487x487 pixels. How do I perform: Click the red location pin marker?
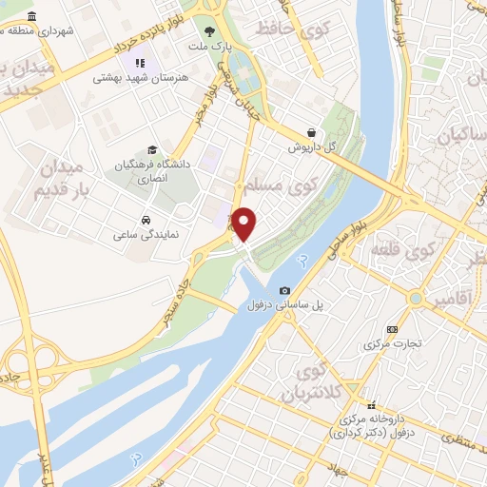tap(244, 223)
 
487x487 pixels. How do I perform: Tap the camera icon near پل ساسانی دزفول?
tap(284, 290)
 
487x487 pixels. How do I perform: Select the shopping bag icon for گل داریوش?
tap(311, 133)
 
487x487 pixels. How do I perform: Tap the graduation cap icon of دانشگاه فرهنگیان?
tap(152, 150)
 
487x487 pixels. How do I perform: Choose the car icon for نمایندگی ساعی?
tap(145, 220)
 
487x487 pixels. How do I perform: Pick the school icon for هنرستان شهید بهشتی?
tap(139, 64)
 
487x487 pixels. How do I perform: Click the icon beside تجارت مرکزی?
tap(393, 330)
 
